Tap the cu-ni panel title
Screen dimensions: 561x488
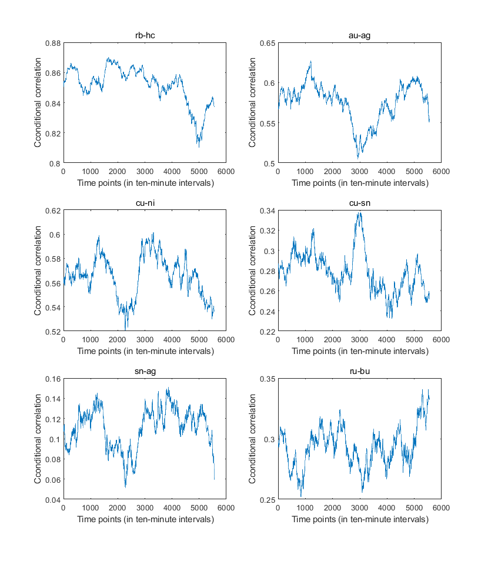click(145, 203)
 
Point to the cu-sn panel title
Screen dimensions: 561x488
click(359, 203)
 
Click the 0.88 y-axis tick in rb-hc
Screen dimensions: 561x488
click(52, 43)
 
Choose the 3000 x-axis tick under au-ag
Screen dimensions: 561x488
click(359, 172)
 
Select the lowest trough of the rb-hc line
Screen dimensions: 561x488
click(199, 146)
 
